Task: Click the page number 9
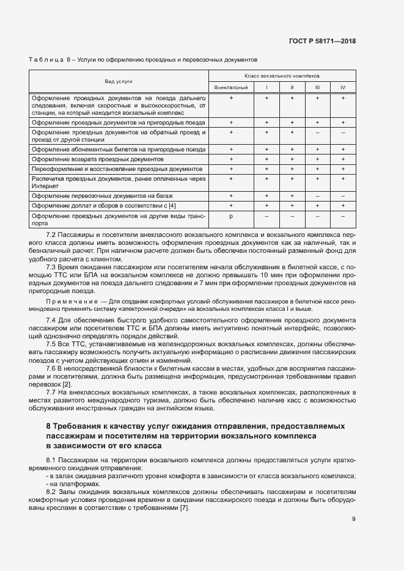pos(353,520)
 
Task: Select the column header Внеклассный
pos(231,88)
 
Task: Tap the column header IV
pos(342,88)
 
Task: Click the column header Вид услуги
pos(119,81)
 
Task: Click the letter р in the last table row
pos(231,217)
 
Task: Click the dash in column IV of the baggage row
pos(342,196)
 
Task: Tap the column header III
pos(317,88)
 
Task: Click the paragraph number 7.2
pos(52,235)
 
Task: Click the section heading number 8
pos(48,426)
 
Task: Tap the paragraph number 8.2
pos(52,492)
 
